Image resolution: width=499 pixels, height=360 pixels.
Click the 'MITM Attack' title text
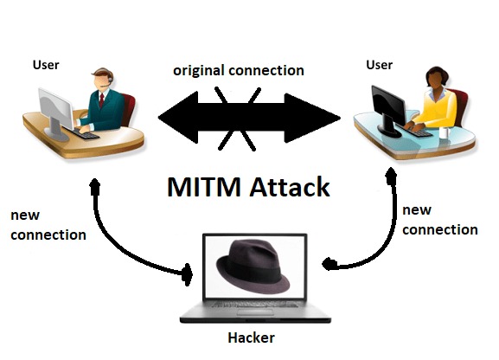click(249, 187)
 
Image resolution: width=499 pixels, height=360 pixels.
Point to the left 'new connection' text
click(48, 224)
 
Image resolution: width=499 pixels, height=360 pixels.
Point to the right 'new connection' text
click(439, 220)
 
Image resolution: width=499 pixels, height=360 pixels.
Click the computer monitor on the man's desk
click(54, 108)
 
